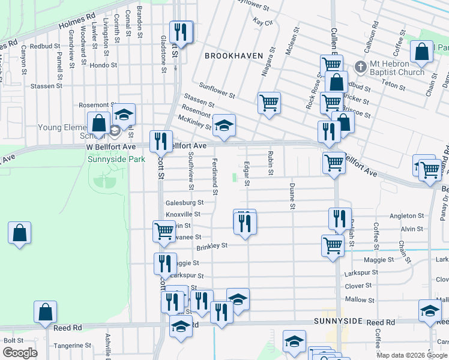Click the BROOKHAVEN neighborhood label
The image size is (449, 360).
(x=234, y=55)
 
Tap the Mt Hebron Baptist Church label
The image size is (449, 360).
(x=397, y=68)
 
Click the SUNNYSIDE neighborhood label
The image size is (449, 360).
(x=338, y=322)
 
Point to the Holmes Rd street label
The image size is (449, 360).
(x=77, y=23)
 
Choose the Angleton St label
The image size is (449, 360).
(x=407, y=216)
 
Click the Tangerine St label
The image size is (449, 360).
(x=72, y=346)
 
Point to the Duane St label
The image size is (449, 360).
(x=292, y=197)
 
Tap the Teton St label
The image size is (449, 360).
(x=394, y=86)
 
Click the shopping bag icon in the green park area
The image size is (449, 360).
(x=20, y=233)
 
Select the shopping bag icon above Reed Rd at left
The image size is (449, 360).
(x=46, y=311)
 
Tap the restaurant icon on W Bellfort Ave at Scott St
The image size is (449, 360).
(x=160, y=141)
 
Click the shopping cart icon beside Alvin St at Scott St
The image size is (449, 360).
(x=163, y=231)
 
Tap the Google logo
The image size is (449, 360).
(x=20, y=353)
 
